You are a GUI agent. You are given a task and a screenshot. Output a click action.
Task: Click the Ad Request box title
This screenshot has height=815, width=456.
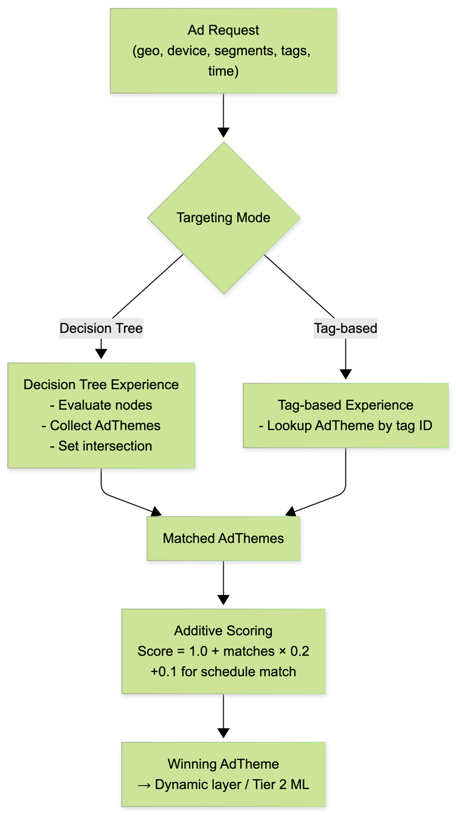(x=223, y=30)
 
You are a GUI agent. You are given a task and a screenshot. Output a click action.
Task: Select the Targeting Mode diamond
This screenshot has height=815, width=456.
(x=223, y=218)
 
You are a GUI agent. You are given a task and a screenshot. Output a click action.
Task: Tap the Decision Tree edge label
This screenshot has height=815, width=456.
(x=101, y=329)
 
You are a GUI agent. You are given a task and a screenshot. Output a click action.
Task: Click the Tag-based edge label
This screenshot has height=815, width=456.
(x=345, y=329)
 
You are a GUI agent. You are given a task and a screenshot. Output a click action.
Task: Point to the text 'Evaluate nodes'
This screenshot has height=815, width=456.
(x=101, y=405)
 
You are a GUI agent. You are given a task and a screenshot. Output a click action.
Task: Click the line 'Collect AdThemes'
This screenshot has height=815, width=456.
(x=101, y=425)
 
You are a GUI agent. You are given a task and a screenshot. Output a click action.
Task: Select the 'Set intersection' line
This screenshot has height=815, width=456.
(x=101, y=446)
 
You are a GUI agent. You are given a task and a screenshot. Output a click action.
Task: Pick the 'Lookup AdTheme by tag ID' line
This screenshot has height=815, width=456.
(x=345, y=425)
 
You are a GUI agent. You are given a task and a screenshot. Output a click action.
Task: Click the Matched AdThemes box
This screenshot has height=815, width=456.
(x=223, y=538)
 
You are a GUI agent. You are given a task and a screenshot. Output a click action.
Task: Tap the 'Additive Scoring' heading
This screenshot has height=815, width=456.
(x=223, y=630)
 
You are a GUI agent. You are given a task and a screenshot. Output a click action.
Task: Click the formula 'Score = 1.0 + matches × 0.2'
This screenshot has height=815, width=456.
(x=223, y=651)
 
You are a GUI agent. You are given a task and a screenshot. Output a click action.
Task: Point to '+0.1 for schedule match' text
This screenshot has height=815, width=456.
(x=223, y=672)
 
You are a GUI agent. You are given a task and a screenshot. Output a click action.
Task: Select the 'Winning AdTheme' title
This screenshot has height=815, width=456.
(x=223, y=764)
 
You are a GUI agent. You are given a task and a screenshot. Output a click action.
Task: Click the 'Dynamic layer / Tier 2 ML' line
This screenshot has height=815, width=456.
(x=223, y=785)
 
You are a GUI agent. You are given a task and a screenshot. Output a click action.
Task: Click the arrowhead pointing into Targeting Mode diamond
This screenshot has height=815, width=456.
(x=223, y=132)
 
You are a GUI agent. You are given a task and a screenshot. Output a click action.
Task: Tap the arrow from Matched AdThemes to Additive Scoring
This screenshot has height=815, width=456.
(x=223, y=583)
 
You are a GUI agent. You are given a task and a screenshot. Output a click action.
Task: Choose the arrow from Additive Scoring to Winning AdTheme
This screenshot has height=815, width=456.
(x=223, y=717)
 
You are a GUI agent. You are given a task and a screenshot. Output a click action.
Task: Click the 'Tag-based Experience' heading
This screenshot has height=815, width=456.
(x=345, y=405)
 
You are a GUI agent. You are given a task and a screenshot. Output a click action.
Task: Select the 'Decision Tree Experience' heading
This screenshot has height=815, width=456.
(x=101, y=384)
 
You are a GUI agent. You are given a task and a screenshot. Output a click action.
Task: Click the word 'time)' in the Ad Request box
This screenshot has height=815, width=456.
(x=223, y=71)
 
